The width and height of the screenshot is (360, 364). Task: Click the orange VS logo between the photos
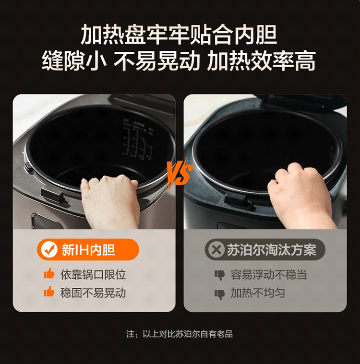180,173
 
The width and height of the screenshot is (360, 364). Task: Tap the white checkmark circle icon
49,249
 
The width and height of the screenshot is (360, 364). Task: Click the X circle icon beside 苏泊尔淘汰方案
216,250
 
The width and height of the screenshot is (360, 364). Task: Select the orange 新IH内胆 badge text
88,250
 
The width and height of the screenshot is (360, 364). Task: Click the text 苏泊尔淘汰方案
272,250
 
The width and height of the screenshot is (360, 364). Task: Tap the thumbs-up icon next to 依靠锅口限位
49,273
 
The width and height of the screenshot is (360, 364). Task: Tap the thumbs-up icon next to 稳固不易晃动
49,291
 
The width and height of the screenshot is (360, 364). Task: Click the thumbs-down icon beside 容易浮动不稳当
220,275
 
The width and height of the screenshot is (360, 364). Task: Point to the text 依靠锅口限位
93,275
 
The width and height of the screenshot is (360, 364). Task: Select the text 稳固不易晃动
93,293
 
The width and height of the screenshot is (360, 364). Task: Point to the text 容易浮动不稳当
269,275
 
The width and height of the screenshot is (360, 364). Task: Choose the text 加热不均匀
258,293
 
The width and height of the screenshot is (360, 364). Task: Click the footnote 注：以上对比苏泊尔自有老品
180,334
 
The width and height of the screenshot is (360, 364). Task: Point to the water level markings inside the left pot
138,139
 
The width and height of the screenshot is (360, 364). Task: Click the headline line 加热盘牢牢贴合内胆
179,35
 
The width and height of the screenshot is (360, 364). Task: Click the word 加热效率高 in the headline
261,61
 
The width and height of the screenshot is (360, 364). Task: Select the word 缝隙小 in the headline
74,61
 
